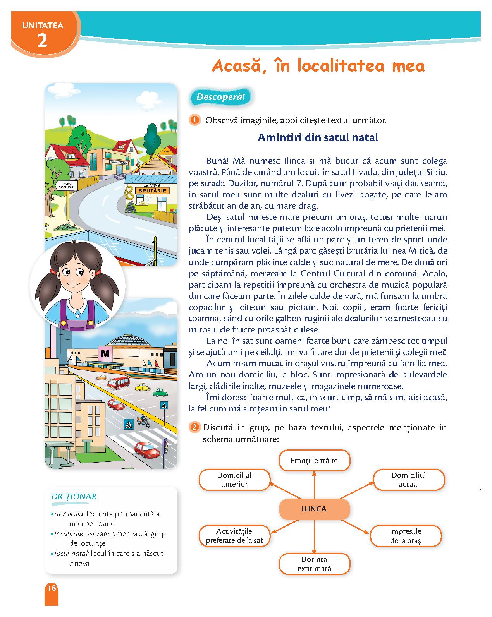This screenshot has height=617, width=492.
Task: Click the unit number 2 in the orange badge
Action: (x=43, y=40)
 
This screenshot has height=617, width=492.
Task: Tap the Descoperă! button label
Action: (x=220, y=97)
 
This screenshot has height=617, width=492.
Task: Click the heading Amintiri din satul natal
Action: (x=318, y=137)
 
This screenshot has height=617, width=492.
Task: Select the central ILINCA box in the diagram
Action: (x=314, y=509)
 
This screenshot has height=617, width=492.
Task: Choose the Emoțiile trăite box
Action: (x=314, y=461)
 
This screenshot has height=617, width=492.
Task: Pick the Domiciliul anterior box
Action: (x=234, y=480)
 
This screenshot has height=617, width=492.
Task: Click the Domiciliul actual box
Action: (x=408, y=480)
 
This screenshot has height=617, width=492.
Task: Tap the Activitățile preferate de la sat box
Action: (x=234, y=536)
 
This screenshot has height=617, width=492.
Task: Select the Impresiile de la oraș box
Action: (x=406, y=536)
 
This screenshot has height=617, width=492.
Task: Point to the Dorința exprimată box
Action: (x=314, y=564)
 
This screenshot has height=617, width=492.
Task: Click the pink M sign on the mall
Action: (x=105, y=353)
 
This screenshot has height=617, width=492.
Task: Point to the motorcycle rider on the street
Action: (x=143, y=421)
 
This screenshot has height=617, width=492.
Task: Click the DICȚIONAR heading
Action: (x=74, y=497)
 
